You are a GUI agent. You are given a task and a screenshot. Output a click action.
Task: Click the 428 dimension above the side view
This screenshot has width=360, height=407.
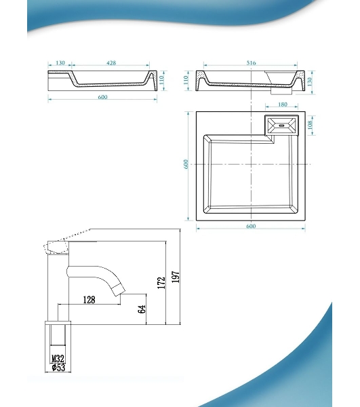[x=111, y=63]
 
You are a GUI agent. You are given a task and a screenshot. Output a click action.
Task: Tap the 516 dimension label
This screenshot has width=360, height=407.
[x=251, y=63]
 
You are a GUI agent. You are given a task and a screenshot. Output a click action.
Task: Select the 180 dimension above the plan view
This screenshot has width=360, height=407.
[x=283, y=104]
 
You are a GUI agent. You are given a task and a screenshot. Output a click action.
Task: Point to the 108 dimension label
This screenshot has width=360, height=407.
[x=311, y=125]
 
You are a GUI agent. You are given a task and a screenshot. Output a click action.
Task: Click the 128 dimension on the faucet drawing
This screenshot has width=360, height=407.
[x=89, y=300]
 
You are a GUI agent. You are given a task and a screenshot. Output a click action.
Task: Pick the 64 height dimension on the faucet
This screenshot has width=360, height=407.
[x=142, y=309]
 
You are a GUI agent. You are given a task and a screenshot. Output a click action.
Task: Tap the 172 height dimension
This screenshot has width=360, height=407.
[x=161, y=283]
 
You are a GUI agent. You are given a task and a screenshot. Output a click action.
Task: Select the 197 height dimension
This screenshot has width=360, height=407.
[x=176, y=277]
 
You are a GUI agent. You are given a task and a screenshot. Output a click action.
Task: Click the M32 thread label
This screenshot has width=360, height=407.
[x=58, y=359]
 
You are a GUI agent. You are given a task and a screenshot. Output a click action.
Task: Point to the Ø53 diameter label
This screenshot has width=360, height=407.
[x=58, y=367]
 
